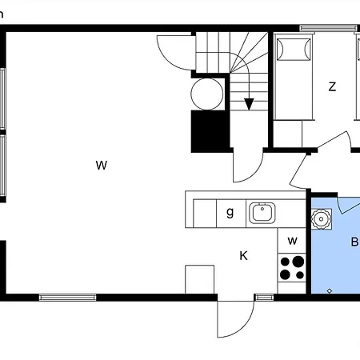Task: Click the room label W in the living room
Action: point(102,165)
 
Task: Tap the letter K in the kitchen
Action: point(243,255)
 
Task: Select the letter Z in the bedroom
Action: point(332,86)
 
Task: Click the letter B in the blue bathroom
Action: point(354,242)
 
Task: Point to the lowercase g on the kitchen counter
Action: point(230,213)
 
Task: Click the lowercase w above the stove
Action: point(292,241)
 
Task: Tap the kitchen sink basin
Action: point(262,213)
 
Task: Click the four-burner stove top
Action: point(292,267)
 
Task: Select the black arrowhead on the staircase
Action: point(249,104)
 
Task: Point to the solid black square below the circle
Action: point(210,131)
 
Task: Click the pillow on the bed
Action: point(294,50)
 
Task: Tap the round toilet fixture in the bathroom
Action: point(322,219)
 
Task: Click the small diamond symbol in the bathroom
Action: point(330,290)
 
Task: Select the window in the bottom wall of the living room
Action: point(67,298)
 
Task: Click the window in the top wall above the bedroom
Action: point(328,28)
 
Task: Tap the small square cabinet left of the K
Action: point(200,279)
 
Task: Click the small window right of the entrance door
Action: point(264,298)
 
